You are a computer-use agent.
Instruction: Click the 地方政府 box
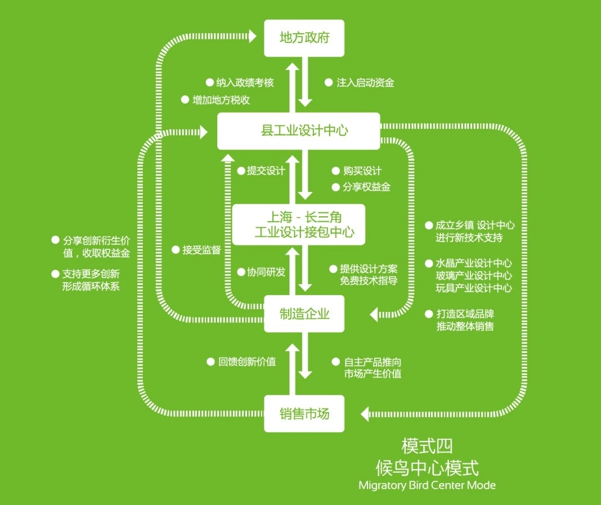point(304,38)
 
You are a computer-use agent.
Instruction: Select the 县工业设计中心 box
point(298,131)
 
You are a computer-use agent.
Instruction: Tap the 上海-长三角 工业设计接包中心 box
point(298,224)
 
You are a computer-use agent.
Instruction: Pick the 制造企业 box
point(304,314)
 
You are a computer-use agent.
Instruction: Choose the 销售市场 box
point(304,414)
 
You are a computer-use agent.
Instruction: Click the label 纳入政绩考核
point(245,83)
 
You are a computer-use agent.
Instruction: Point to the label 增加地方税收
point(221,100)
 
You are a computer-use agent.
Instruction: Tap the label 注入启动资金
point(365,83)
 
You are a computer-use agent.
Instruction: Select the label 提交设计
point(266,171)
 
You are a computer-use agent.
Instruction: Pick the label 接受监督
point(201,250)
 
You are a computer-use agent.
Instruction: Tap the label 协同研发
point(266,272)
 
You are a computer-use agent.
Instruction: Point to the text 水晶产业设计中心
point(474,263)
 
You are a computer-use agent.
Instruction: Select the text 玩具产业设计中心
point(474,288)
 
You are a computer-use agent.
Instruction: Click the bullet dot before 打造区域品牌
point(429,314)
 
